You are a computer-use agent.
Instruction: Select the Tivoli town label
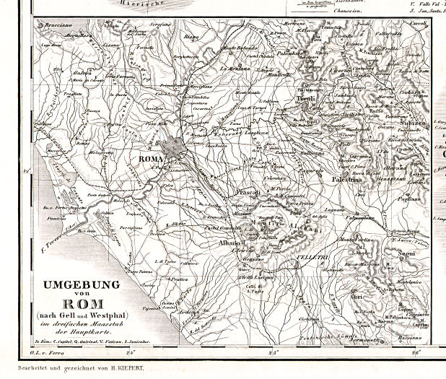pos(307,100)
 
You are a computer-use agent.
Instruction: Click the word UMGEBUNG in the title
pos(82,284)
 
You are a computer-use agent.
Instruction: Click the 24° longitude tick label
pos(131,353)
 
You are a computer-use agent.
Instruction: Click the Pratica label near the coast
pos(179,279)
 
